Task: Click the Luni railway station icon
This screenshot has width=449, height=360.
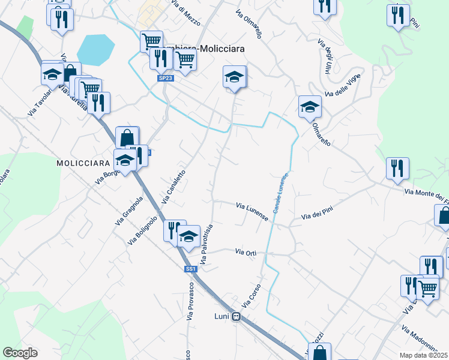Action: tap(237, 317)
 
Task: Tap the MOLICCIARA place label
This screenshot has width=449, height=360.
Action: tap(83, 163)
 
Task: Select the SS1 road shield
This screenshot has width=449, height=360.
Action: tap(191, 270)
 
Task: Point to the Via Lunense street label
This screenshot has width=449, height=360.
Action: tap(252, 212)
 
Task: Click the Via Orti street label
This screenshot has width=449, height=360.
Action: tap(246, 253)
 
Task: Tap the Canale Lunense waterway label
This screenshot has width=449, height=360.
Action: tap(282, 193)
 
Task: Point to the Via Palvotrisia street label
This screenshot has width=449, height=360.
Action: tap(206, 245)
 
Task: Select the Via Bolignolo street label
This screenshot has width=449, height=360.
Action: tap(142, 231)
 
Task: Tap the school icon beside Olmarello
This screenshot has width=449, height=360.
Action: tap(310, 106)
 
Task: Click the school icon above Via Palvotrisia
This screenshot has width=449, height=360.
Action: tap(189, 235)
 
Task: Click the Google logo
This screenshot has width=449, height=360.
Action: tap(20, 353)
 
